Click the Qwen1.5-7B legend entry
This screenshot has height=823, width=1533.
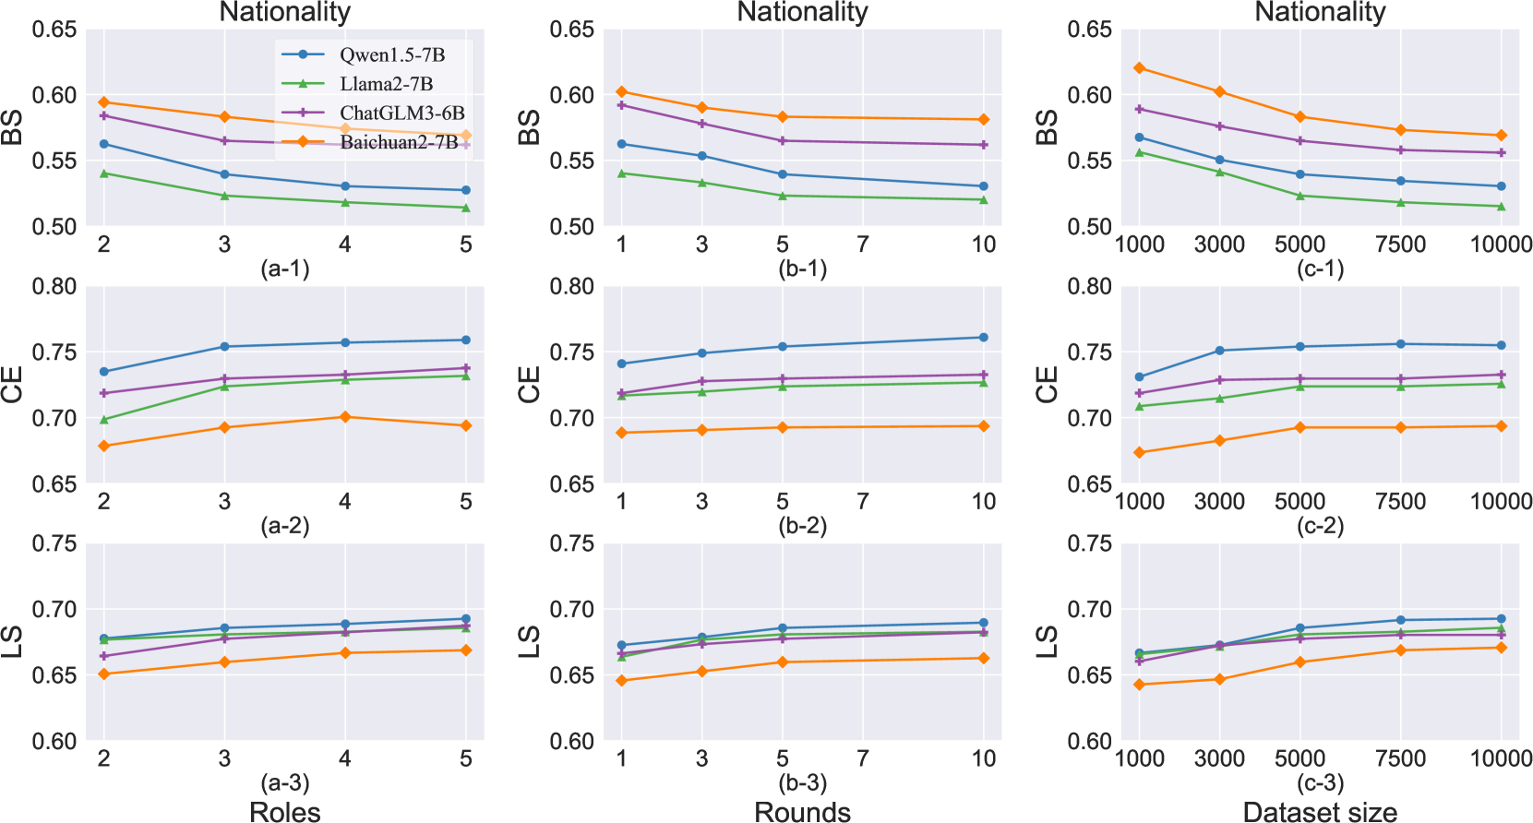tap(391, 54)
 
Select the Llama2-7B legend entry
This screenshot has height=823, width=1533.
tap(386, 84)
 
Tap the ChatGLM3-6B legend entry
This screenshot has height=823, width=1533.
tap(401, 113)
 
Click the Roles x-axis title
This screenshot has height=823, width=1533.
tap(285, 811)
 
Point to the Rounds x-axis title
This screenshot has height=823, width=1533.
tap(802, 811)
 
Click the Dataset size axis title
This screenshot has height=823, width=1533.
tap(1320, 811)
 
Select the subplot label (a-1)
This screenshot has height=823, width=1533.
tap(285, 268)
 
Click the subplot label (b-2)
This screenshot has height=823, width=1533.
tap(802, 526)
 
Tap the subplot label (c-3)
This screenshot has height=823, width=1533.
tap(1320, 783)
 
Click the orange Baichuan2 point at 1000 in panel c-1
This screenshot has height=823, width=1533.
tap(1139, 68)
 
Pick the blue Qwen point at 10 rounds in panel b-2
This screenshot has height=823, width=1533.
tap(984, 338)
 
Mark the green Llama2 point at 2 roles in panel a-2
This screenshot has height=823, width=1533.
tap(104, 420)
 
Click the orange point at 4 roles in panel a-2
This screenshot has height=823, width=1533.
tap(345, 417)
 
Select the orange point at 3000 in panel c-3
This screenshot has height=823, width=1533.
tap(1219, 680)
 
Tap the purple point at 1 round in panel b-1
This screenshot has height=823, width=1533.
tap(622, 105)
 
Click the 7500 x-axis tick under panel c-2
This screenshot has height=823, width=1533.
tap(1400, 502)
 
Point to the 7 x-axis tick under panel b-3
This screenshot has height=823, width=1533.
tap(863, 758)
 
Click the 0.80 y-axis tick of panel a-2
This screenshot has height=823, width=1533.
tap(54, 286)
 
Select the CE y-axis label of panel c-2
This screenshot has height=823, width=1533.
tap(1047, 385)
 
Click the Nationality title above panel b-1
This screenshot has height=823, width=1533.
tap(802, 12)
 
